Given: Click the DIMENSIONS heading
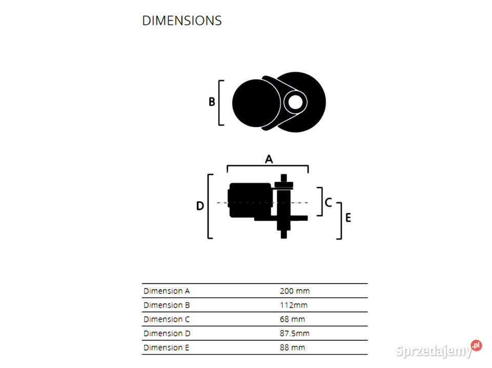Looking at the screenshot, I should coord(182,21).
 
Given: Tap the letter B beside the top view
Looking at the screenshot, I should coord(212,102).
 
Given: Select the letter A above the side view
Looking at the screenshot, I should coord(269,159).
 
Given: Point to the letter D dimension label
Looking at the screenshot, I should coord(200,206).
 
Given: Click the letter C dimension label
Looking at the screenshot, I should coord(329,202).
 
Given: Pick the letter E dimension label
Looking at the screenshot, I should coord(348,218).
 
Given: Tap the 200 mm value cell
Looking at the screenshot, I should coord(295,291).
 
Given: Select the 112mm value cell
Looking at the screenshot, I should coord(294,305).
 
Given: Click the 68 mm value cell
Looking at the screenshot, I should coord(293,319).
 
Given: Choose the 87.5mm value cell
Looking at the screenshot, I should coord(295,334).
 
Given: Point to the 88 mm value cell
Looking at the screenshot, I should coord(293,347).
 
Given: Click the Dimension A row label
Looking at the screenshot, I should coord(167,291).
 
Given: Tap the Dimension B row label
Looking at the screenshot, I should coord(167,305).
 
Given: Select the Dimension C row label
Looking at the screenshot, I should coord(167,319).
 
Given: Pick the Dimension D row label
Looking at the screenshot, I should coord(167,334).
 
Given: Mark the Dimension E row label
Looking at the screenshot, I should coord(167,347).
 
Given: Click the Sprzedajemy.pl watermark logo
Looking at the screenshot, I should coord(439,351).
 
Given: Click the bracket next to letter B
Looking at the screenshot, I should coord(220,103).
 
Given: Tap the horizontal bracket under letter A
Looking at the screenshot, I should coord(268,167).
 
